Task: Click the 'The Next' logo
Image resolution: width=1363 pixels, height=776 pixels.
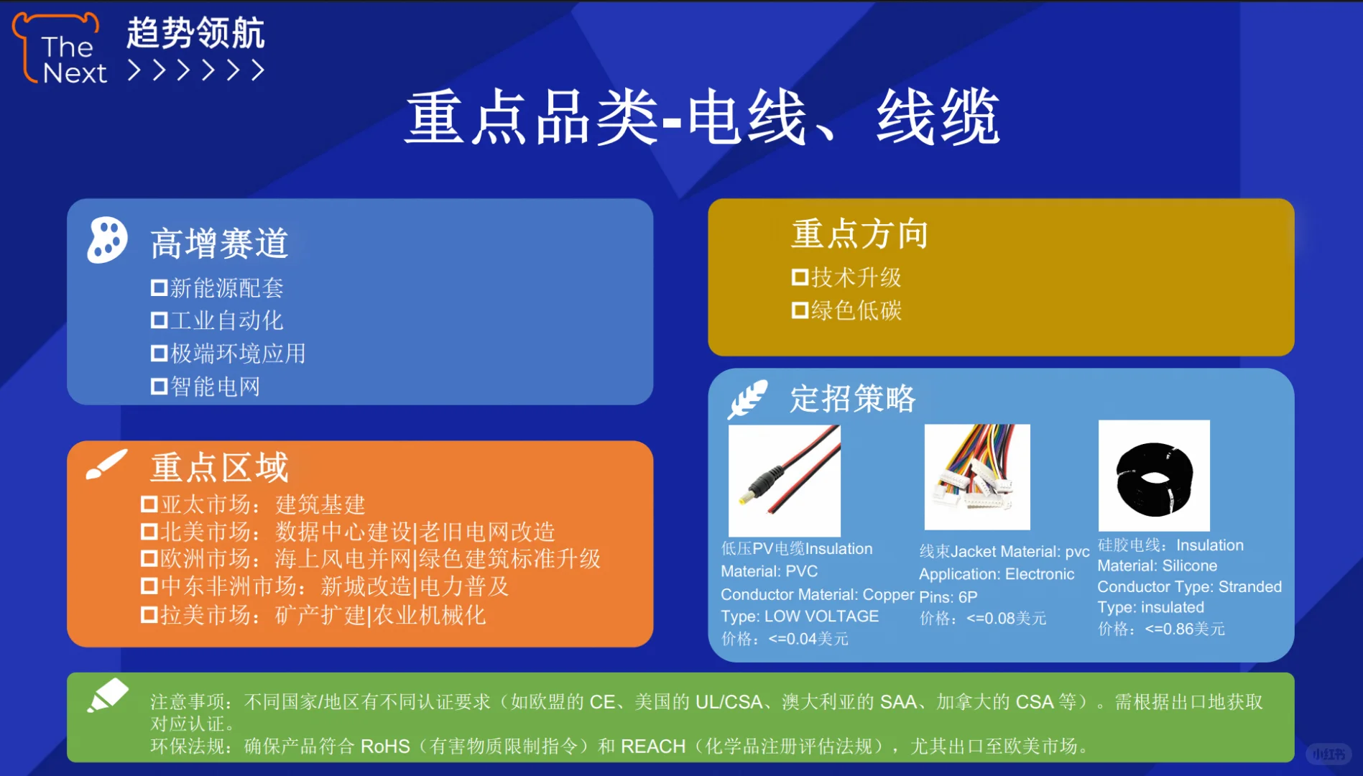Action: point(61,50)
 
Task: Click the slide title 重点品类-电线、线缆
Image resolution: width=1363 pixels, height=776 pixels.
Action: point(702,117)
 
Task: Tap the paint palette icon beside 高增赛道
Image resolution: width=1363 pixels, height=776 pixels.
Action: point(107,240)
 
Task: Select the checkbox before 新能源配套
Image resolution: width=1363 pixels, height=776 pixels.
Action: point(159,288)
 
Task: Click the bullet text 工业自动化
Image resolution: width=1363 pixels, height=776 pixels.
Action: point(226,320)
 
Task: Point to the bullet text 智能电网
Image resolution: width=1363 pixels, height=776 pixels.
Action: point(215,387)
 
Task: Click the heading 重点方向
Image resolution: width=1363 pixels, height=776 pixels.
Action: point(859,234)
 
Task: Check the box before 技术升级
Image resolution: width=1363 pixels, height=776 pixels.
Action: point(800,277)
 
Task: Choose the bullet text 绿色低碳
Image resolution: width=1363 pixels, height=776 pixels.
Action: point(856,310)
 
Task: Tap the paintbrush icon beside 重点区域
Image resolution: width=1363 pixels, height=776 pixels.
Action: point(106,464)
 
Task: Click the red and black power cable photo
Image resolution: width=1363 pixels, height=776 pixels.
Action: point(785,480)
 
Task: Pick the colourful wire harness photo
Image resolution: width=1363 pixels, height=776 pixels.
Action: point(976,476)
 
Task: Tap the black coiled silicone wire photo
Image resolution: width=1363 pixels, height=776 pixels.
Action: point(1154,476)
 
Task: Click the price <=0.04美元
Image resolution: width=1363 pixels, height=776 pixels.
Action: point(808,639)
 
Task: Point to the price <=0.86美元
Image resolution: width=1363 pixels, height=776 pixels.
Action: point(1184,629)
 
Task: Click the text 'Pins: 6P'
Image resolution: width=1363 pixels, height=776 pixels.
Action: point(948,596)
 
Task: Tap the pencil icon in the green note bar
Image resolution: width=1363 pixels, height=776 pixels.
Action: point(108,695)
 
